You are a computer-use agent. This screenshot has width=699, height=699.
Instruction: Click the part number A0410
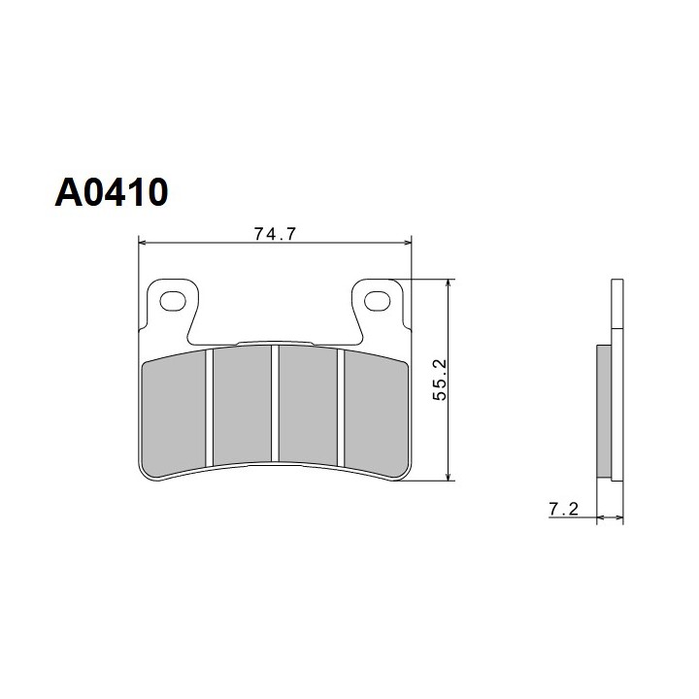[112, 192]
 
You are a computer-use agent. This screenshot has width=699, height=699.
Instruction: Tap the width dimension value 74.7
[275, 234]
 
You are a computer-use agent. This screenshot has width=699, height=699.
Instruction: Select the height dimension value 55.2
[440, 380]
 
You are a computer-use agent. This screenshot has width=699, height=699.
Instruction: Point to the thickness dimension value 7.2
[563, 509]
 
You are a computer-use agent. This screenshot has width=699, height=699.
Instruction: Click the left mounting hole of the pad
[173, 301]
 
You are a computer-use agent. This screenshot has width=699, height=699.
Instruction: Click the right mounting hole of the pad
[377, 301]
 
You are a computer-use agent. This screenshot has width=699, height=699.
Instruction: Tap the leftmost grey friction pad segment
[174, 413]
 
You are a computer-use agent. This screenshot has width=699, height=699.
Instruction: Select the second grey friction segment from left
[242, 406]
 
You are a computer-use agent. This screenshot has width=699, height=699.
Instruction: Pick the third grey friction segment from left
[308, 406]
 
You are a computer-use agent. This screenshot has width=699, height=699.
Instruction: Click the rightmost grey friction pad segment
[377, 413]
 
